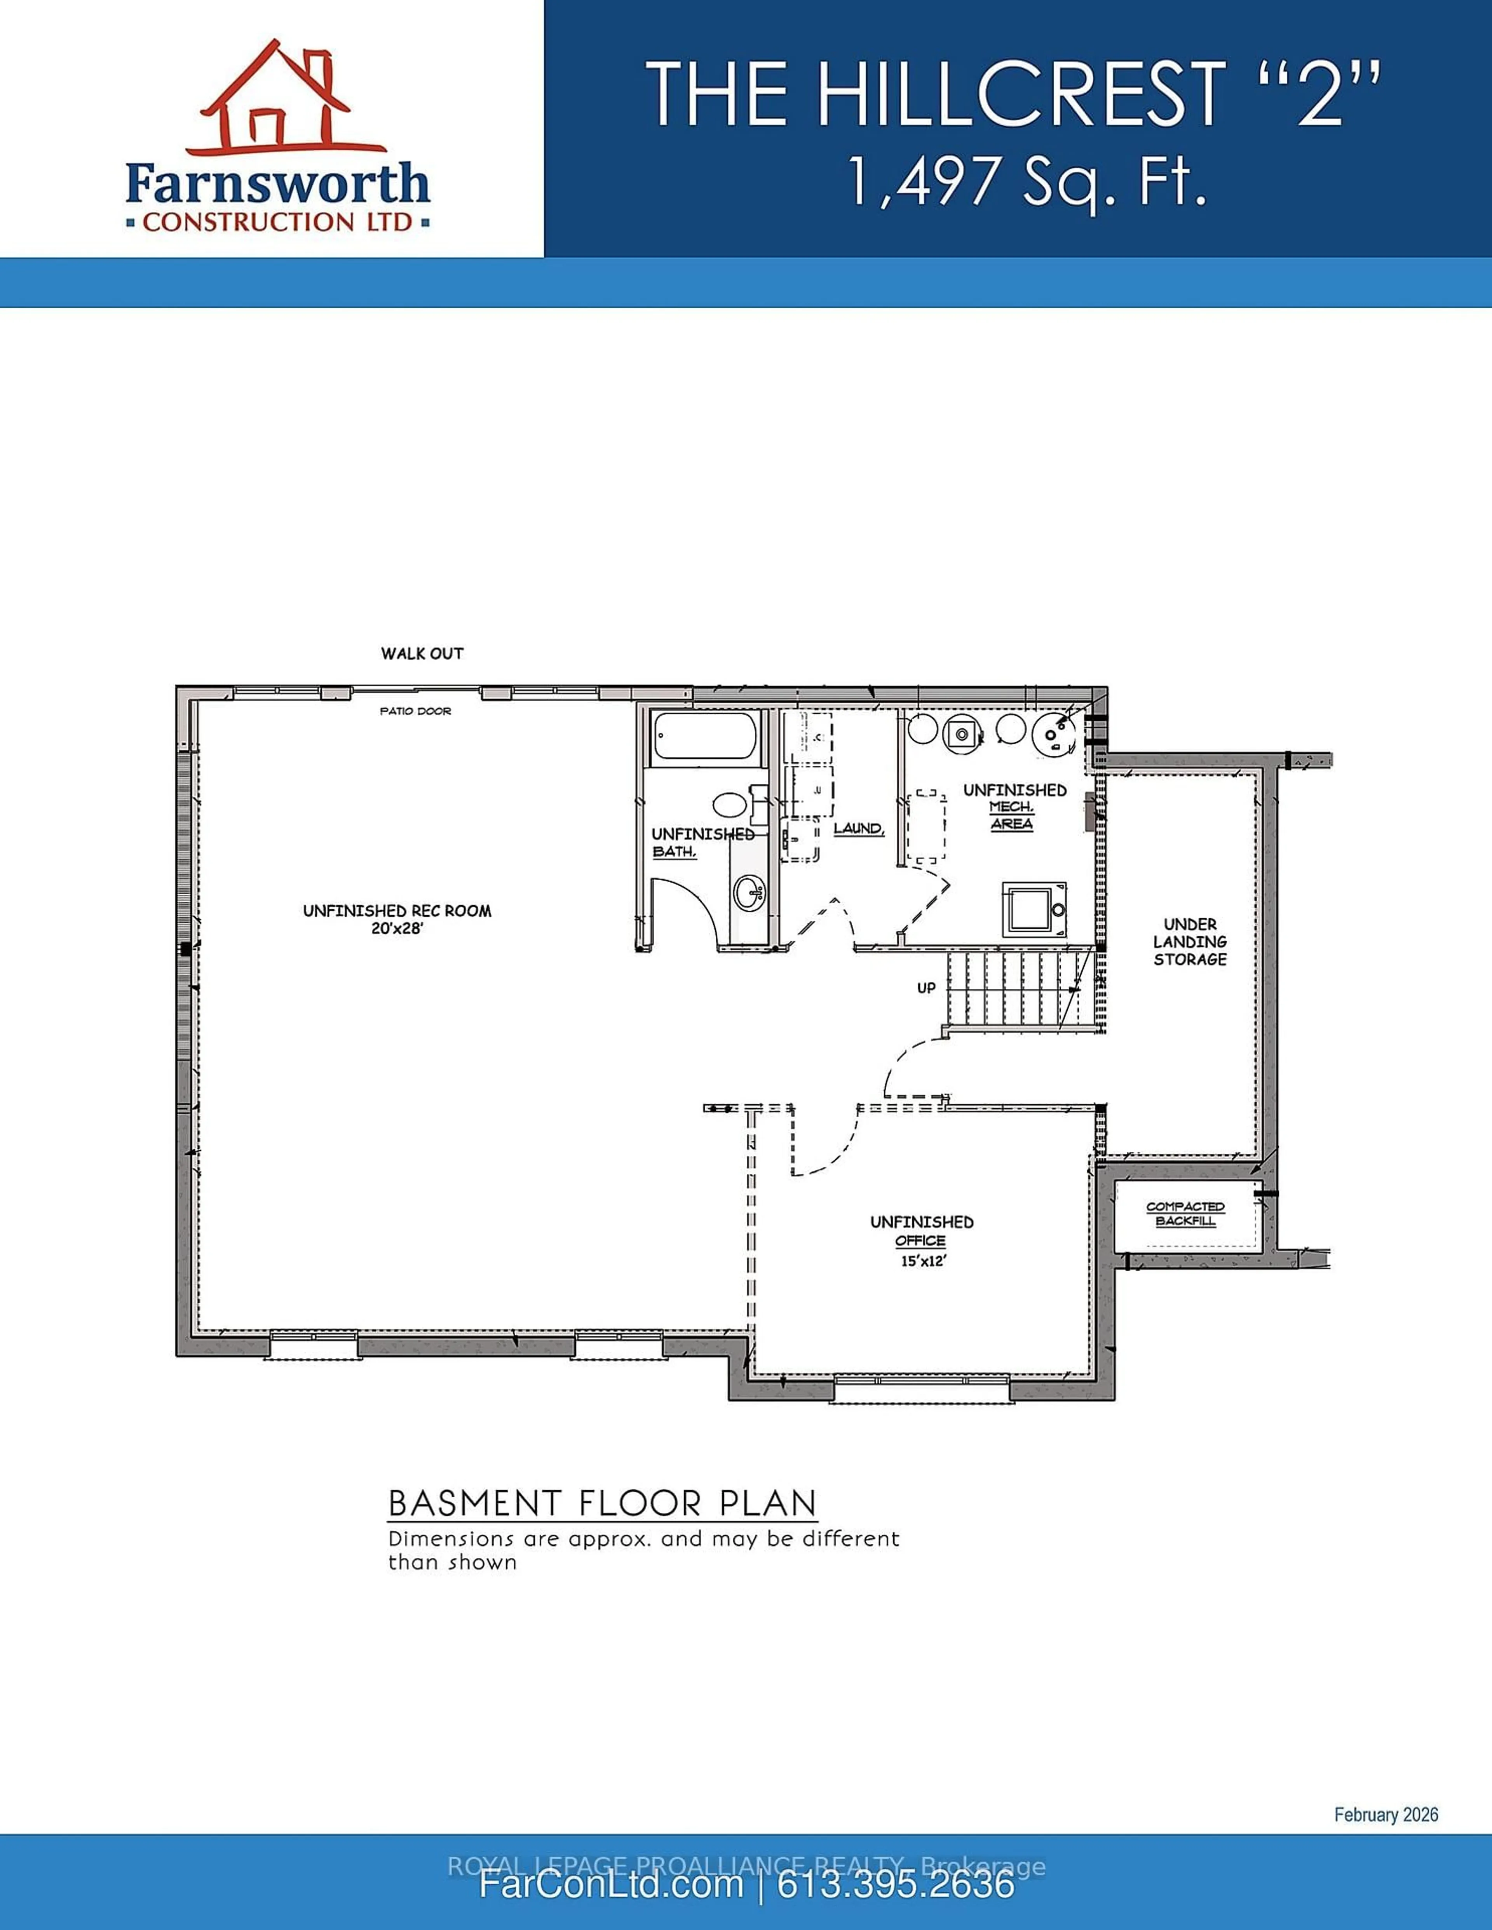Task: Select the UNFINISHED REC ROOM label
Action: pos(397,910)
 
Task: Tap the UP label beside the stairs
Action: pos(926,988)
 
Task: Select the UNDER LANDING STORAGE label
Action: pos(1190,941)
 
